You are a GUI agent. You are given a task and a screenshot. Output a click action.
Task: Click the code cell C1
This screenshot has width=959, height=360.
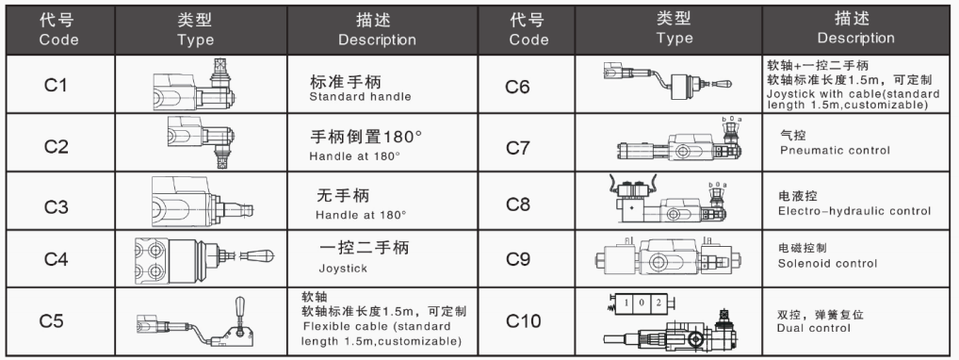pyautogui.click(x=55, y=85)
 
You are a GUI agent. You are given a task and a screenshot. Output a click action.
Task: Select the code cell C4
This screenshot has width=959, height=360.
pyautogui.click(x=56, y=259)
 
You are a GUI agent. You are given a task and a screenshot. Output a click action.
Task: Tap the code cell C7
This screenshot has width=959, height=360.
pyautogui.click(x=518, y=148)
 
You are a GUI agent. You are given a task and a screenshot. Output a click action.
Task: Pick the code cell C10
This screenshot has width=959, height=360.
pyautogui.click(x=524, y=320)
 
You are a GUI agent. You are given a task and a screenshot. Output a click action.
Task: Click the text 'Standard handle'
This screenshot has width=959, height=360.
pyautogui.click(x=360, y=97)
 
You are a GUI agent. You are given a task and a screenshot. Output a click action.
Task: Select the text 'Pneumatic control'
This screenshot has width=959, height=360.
pyautogui.click(x=835, y=150)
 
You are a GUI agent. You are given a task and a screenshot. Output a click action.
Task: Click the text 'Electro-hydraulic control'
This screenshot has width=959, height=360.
pyautogui.click(x=854, y=211)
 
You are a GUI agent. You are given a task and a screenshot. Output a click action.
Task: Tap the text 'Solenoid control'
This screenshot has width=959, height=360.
pyautogui.click(x=827, y=264)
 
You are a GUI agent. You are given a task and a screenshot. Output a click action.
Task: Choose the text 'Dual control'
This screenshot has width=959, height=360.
pyautogui.click(x=813, y=328)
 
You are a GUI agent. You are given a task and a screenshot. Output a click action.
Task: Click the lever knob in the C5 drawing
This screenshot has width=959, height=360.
pyautogui.click(x=240, y=305)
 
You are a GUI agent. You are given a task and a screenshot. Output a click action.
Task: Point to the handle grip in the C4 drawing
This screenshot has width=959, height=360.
pyautogui.click(x=257, y=255)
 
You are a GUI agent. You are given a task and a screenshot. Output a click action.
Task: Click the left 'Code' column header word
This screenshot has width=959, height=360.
pyautogui.click(x=58, y=40)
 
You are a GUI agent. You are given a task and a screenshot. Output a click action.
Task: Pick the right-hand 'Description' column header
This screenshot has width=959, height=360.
pyautogui.click(x=855, y=38)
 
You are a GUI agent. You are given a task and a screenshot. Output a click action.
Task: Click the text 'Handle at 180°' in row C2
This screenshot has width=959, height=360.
pyautogui.click(x=355, y=156)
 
